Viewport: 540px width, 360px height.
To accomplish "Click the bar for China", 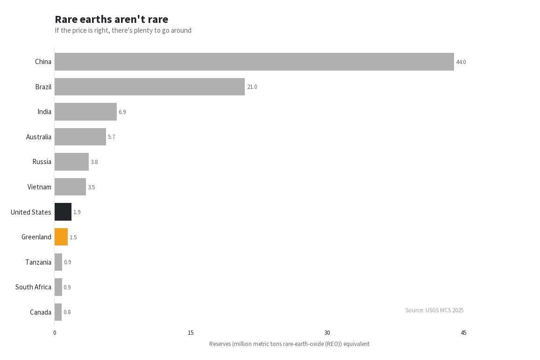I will click(x=254, y=62).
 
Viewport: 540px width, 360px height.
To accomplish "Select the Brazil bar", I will click(x=149, y=87).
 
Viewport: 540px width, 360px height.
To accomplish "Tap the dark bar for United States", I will click(x=63, y=212).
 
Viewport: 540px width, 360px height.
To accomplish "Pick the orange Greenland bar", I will click(x=61, y=237).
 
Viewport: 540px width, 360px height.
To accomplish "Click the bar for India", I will click(x=85, y=112).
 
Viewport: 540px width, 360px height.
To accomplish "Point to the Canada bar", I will click(x=58, y=312).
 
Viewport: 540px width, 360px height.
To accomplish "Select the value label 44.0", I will click(x=461, y=62).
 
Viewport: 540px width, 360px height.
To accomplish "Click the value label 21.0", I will click(x=252, y=87).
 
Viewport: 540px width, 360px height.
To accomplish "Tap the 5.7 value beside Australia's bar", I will click(x=111, y=137).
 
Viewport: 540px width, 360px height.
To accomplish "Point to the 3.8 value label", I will click(x=94, y=162).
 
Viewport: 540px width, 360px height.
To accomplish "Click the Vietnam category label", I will click(x=39, y=187).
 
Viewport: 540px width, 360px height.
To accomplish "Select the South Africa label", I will click(x=33, y=287).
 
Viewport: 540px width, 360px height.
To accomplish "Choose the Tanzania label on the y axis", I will click(x=38, y=262).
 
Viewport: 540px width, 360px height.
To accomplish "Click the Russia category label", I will click(x=42, y=162).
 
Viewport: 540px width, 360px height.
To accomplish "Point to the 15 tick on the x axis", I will click(x=191, y=333).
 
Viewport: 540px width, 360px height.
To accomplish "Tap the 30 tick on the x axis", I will click(x=327, y=333).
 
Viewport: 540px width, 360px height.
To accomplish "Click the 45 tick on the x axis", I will click(x=463, y=333).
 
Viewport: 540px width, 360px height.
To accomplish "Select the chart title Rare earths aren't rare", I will click(x=111, y=19).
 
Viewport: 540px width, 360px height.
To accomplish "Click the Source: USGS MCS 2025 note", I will click(x=434, y=310).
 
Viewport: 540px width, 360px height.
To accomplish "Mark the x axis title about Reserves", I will click(x=289, y=344).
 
